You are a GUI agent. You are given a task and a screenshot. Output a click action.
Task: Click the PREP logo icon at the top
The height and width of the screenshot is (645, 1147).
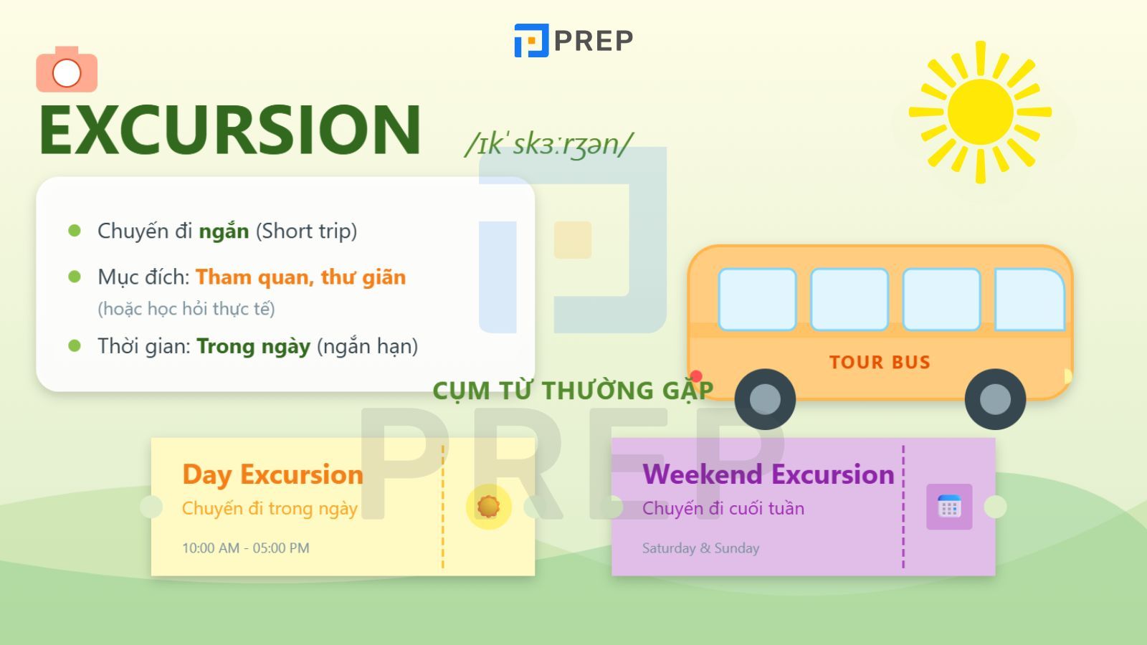click(531, 40)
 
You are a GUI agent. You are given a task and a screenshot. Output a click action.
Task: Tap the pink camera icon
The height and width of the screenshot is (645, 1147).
click(67, 70)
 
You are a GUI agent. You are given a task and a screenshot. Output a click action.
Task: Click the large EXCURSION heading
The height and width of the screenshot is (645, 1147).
click(229, 130)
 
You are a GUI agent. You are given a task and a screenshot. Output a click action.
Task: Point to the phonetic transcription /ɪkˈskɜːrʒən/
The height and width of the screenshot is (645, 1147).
click(548, 144)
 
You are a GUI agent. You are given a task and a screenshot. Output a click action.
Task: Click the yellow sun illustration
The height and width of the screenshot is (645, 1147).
click(980, 112)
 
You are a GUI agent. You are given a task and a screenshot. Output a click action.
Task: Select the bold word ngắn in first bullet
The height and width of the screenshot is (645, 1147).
click(224, 231)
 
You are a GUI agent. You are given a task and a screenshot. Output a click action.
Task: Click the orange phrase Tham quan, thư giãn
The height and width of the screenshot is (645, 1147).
click(300, 277)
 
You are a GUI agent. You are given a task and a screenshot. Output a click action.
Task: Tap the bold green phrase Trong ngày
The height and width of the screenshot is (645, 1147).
click(253, 346)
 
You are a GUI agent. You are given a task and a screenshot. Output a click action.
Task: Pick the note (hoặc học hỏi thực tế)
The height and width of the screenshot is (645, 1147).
click(186, 309)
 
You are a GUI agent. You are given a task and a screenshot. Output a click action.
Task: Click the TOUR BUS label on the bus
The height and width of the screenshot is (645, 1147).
click(880, 362)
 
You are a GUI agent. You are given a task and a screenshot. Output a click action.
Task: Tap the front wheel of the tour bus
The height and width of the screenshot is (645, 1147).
click(995, 399)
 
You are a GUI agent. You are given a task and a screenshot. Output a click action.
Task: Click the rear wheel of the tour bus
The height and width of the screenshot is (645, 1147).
click(765, 399)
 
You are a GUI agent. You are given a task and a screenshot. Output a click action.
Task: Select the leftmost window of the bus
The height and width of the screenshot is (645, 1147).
click(757, 300)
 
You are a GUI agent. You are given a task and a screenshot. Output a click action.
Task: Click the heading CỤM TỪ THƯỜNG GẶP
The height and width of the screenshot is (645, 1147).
click(573, 391)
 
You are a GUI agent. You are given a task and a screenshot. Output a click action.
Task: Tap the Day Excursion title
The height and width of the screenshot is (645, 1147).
click(272, 474)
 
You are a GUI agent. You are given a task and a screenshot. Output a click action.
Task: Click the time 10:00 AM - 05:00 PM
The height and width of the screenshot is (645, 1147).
click(246, 548)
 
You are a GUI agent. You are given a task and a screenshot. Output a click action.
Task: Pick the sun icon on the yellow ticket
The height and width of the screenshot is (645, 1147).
click(488, 507)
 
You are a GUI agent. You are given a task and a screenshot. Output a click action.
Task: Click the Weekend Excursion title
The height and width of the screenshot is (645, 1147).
click(768, 474)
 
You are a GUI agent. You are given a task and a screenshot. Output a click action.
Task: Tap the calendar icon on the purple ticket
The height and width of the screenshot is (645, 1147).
click(949, 507)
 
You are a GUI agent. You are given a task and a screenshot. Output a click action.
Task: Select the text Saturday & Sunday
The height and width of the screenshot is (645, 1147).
click(700, 548)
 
